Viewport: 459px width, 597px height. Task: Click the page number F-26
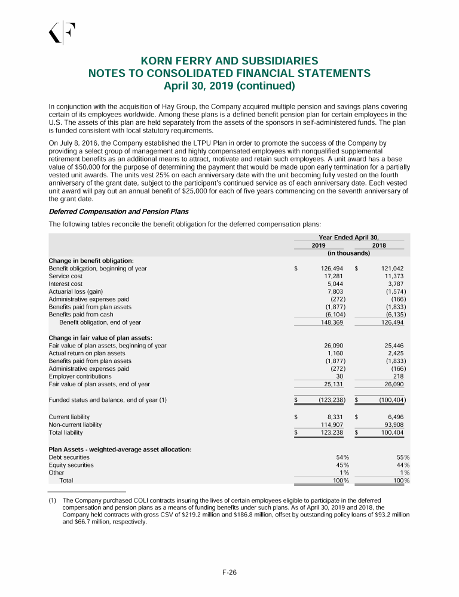tap(229, 573)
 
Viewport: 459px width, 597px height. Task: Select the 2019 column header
tap(319, 245)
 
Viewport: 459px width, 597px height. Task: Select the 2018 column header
tap(378, 245)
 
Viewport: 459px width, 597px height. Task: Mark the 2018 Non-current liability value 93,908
tap(393, 424)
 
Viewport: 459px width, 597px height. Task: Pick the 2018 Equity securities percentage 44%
tap(402, 465)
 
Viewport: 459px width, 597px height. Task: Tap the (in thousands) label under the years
tap(349, 253)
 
